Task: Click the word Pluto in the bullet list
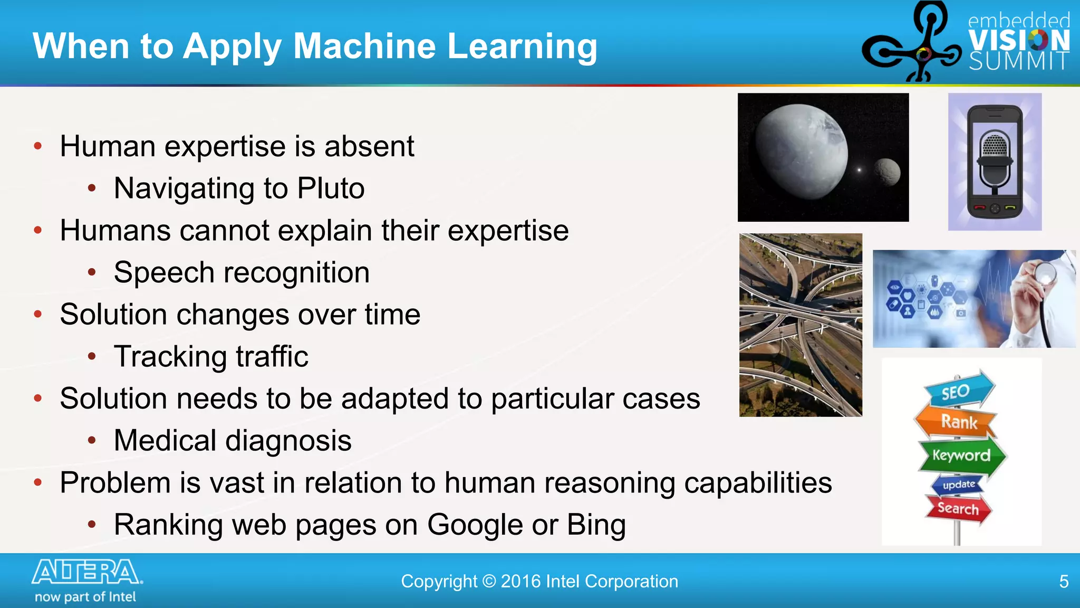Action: pos(331,188)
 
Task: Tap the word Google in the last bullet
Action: pos(474,525)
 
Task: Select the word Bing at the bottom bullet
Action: pos(596,525)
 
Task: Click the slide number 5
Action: pos(1064,582)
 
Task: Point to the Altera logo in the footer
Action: pos(86,572)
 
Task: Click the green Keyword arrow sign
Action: pos(961,455)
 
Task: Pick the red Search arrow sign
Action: pos(958,508)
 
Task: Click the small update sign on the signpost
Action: pos(958,484)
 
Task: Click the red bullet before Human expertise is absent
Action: pos(38,146)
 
